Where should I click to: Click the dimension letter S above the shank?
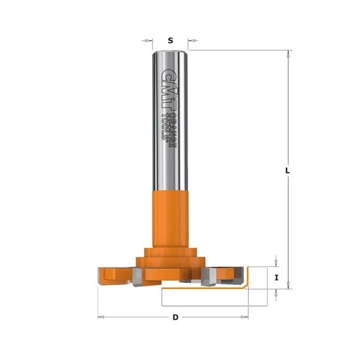170,40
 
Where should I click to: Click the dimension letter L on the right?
287,171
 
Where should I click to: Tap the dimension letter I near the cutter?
277,278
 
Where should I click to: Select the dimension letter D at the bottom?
176,317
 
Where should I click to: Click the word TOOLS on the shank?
165,126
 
